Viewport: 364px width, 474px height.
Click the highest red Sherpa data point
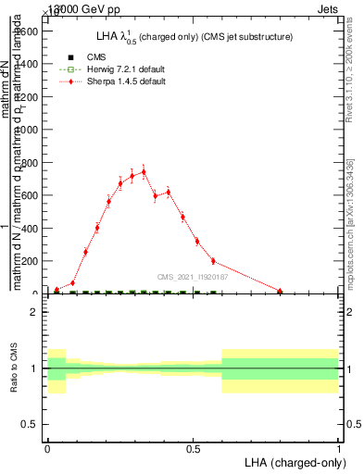pos(144,171)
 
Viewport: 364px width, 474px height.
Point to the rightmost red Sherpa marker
pos(280,291)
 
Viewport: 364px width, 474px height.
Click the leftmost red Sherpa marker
pos(56,290)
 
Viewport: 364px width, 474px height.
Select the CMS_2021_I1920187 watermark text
pos(193,277)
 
